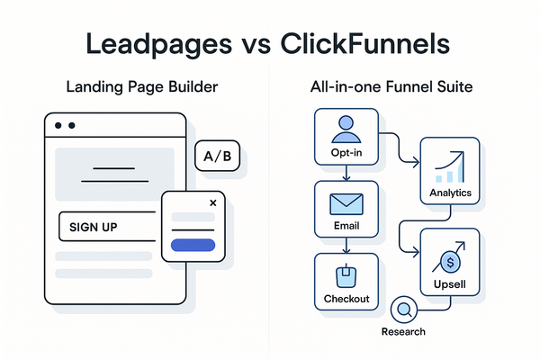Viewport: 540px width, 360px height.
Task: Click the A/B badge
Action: (218, 157)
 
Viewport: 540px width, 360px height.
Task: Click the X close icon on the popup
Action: (212, 203)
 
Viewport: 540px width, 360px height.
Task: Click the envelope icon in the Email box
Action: (345, 203)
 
